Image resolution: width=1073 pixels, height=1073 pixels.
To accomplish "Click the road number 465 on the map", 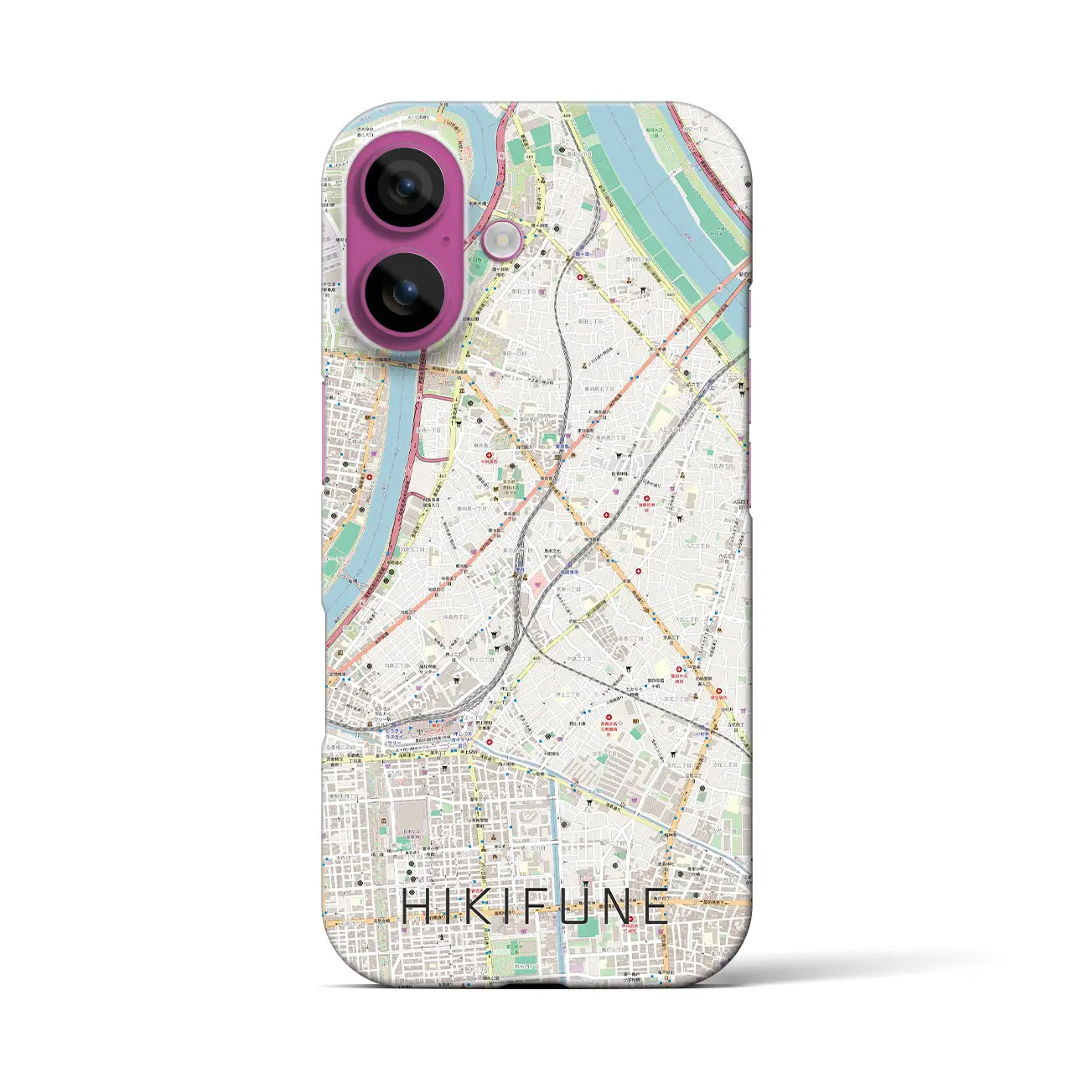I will (536, 658).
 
